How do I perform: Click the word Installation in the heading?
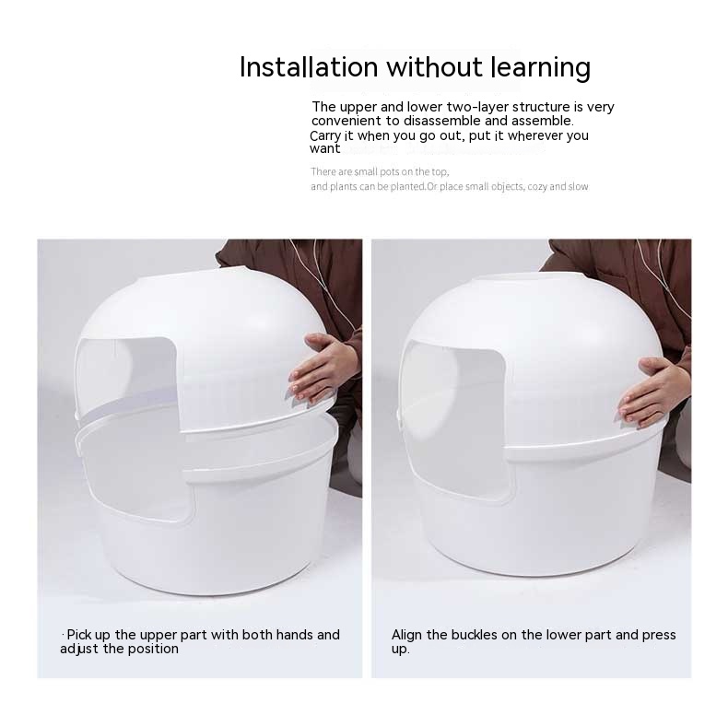tap(309, 67)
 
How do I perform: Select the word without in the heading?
tap(435, 67)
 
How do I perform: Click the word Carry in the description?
tap(325, 136)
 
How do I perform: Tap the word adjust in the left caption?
tap(79, 650)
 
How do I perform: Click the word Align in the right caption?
tap(406, 635)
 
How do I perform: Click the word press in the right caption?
tap(658, 636)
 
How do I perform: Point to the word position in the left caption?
tap(153, 650)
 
